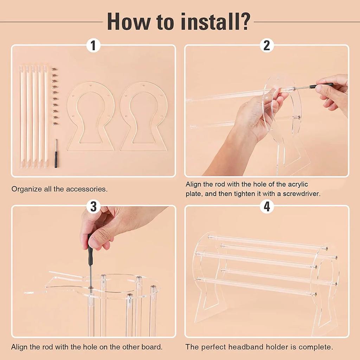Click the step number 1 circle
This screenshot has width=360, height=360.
pyautogui.click(x=93, y=45)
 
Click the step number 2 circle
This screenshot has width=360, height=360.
pyautogui.click(x=267, y=45)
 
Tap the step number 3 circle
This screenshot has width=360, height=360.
pyautogui.click(x=93, y=206)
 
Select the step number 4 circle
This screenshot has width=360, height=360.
pyautogui.click(x=267, y=206)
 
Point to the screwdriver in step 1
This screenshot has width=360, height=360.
pyautogui.click(x=56, y=153)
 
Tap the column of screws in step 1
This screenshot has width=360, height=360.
pyautogui.click(x=55, y=96)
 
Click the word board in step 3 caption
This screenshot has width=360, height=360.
pyautogui.click(x=153, y=347)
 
